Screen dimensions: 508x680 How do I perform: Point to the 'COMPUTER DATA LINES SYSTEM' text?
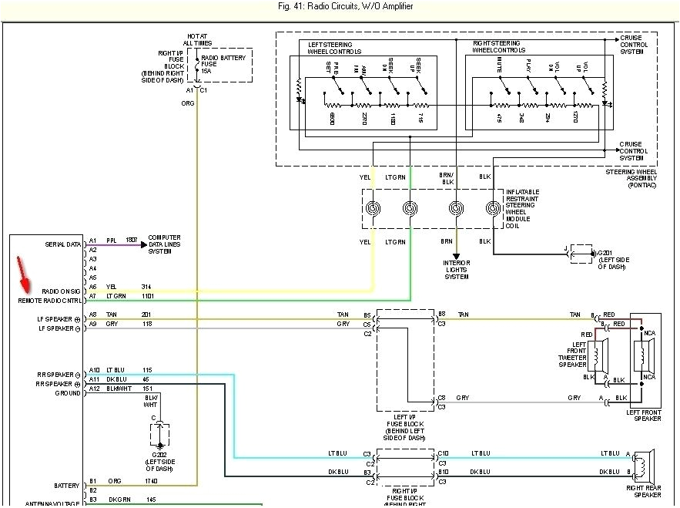[164, 244]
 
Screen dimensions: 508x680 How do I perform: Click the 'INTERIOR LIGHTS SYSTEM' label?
[456, 271]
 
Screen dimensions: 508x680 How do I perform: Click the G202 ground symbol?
[159, 438]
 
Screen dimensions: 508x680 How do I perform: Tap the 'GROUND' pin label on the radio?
[67, 393]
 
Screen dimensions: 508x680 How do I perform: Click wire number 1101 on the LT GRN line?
[147, 296]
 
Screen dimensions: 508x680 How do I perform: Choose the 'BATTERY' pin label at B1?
[66, 486]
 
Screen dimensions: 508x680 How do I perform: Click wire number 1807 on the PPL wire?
[131, 241]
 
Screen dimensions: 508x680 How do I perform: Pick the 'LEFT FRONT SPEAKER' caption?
[644, 415]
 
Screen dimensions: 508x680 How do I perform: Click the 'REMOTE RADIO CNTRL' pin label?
[51, 301]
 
